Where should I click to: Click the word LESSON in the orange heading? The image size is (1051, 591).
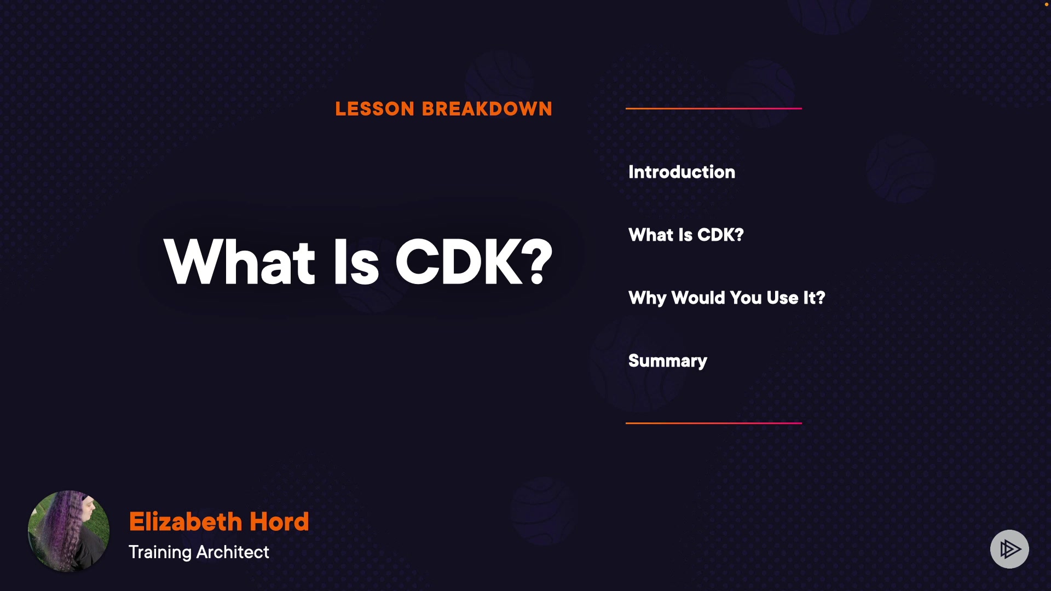[375, 109]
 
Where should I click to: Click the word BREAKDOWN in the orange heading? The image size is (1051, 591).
[487, 109]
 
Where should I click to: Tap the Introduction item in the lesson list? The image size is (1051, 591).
[682, 172]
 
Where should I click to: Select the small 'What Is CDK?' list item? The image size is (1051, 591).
[686, 235]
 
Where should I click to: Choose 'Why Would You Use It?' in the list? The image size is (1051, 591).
[726, 298]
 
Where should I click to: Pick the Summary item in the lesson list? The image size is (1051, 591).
[668, 361]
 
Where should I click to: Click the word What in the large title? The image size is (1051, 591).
[240, 262]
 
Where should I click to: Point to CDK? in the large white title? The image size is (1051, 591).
[473, 262]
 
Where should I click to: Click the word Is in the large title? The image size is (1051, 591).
[356, 262]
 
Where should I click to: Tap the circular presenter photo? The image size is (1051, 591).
[68, 531]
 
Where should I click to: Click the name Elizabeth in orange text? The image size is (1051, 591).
[186, 522]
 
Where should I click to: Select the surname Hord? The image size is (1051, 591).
[279, 522]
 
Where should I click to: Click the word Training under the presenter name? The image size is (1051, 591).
[160, 552]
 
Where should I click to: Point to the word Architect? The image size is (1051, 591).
[233, 552]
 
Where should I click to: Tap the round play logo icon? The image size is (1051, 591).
[1009, 549]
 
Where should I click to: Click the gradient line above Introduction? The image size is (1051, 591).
[714, 108]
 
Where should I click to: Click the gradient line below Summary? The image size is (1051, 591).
[714, 423]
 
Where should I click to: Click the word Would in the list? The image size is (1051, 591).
[698, 298]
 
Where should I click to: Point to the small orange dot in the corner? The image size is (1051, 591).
[1047, 4]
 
